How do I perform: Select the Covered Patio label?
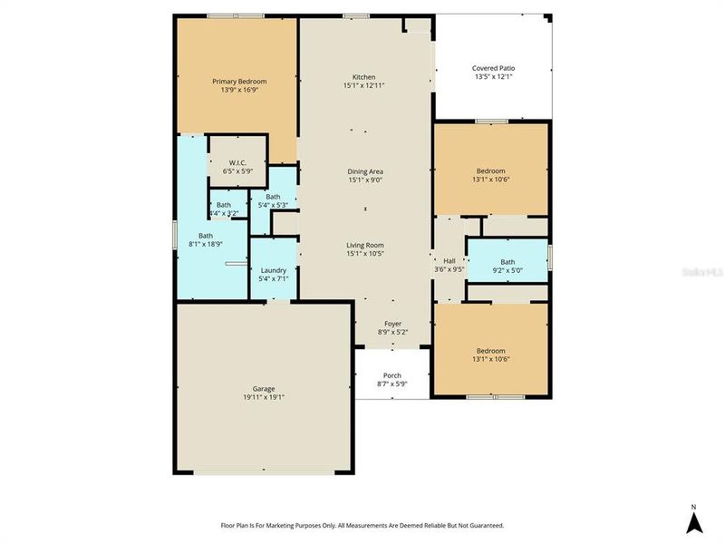[493, 68]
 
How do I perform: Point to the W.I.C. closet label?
[237, 162]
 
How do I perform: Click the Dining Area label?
[364, 171]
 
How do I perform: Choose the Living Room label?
[364, 245]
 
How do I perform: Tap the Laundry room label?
[273, 270]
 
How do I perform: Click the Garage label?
[264, 388]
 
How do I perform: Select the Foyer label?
[392, 324]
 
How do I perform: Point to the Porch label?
[391, 375]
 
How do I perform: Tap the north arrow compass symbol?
[693, 522]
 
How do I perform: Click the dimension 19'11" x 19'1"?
[264, 397]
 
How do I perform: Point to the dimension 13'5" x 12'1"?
[493, 77]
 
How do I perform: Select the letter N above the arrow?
[693, 506]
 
